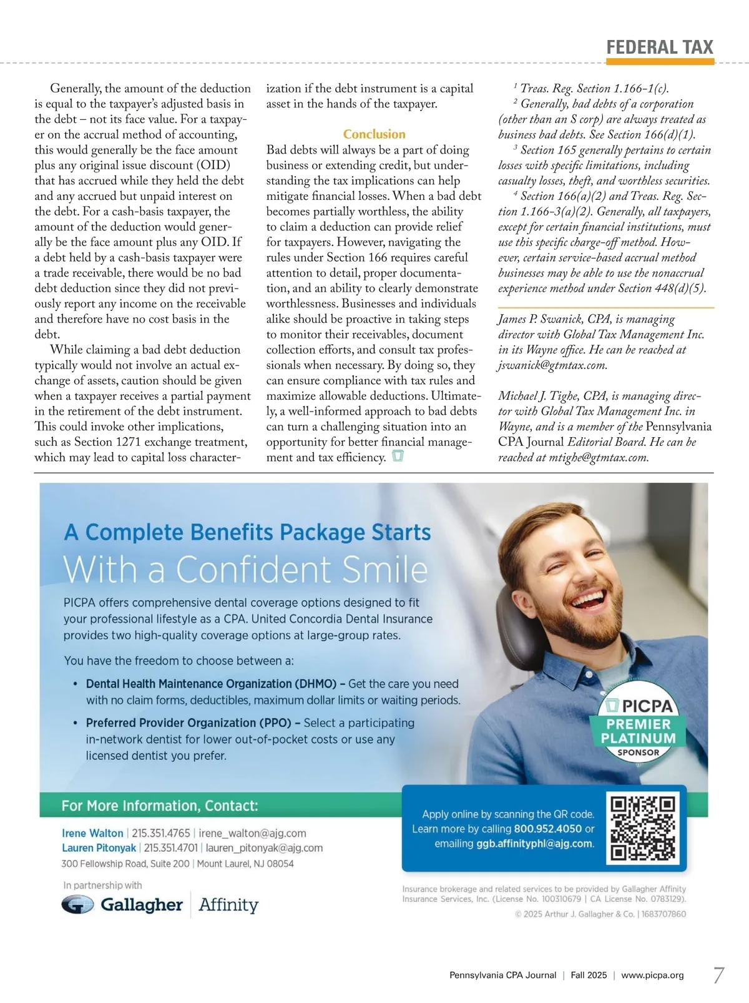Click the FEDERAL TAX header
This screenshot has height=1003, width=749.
[x=659, y=47]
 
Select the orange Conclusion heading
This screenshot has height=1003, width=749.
[x=374, y=134]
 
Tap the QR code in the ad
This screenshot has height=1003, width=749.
[x=643, y=828]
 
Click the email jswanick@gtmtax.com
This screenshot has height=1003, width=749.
[x=552, y=365]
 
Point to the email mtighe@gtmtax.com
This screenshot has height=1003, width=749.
[x=598, y=458]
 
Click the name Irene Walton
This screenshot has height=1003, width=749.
[x=92, y=833]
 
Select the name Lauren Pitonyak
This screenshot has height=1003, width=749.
[x=99, y=848]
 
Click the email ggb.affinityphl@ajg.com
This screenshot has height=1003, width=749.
[x=534, y=844]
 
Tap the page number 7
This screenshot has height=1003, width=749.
[x=718, y=975]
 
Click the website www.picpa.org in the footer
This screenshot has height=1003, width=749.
[x=652, y=975]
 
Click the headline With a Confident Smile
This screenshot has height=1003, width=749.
[x=245, y=569]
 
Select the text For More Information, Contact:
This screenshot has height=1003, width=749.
[x=159, y=806]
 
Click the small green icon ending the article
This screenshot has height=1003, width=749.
[x=398, y=457]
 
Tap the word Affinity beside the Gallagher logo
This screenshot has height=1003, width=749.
[x=228, y=905]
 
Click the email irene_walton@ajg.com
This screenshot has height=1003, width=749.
[x=252, y=833]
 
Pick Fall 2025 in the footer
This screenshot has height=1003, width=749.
[x=589, y=975]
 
